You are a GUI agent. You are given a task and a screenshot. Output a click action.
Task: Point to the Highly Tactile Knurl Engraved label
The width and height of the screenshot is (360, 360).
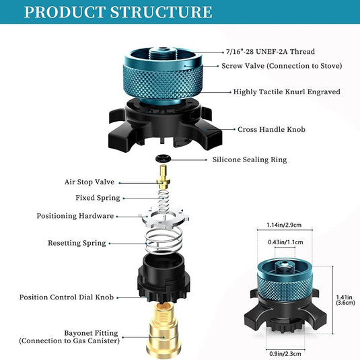(x=286, y=92)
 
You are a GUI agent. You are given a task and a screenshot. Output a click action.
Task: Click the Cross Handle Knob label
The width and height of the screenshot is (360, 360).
(x=271, y=129)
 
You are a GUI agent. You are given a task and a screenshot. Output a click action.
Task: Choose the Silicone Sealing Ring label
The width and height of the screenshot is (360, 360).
(x=250, y=159)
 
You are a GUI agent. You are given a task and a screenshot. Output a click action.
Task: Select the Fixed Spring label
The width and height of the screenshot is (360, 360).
(x=98, y=198)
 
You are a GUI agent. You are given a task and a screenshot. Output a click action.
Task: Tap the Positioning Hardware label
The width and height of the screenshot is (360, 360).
(x=75, y=216)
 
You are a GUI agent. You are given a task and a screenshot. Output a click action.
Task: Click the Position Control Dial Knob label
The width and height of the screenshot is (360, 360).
(x=66, y=297)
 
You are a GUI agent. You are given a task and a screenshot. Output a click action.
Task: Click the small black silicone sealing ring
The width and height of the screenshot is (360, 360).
(x=162, y=159)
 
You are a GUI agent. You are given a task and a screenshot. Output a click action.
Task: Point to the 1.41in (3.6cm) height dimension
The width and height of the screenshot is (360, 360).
(x=345, y=298)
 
